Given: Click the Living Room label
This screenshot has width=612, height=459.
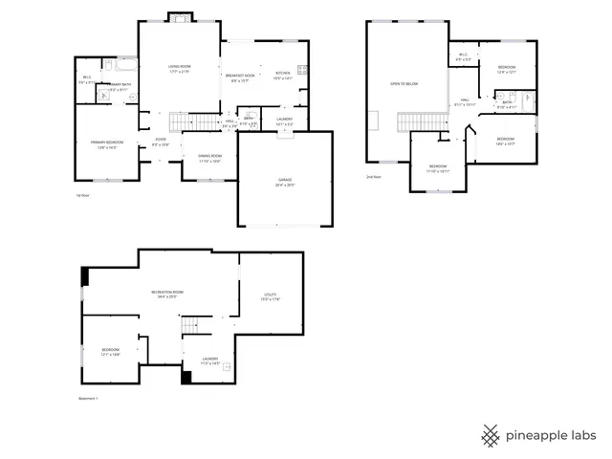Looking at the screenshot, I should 179,69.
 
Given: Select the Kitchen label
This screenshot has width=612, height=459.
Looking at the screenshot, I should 283,76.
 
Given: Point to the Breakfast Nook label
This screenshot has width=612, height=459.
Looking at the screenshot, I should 240,76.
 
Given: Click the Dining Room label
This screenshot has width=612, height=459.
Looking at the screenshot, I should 209,158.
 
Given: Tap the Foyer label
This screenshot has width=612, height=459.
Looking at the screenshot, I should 161,142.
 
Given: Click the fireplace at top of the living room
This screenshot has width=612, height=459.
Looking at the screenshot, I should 179,17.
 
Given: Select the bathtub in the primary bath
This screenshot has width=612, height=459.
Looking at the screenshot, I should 123,65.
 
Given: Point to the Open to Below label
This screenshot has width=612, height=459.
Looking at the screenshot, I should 404,84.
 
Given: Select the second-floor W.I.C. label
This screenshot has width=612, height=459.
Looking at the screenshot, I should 463,57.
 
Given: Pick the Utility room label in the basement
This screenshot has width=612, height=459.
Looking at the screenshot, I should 270,296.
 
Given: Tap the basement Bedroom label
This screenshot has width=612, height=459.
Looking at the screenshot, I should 111,352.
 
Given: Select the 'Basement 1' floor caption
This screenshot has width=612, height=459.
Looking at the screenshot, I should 88,399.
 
